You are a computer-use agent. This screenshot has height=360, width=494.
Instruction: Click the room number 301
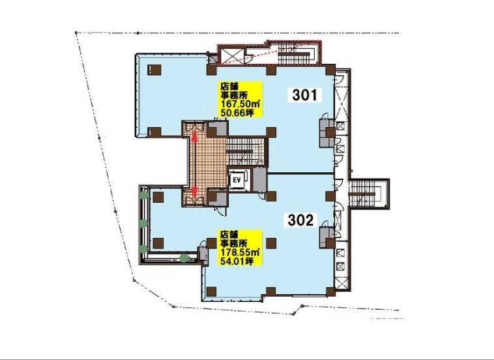click(304, 95)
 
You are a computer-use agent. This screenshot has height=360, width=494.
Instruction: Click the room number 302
click(301, 220)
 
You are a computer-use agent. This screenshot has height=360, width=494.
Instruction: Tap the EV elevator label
click(237, 180)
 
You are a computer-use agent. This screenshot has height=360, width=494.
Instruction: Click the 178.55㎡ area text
click(239, 252)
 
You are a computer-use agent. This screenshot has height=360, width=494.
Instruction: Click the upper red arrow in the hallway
click(195, 136)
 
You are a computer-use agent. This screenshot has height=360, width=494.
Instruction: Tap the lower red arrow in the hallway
click(195, 192)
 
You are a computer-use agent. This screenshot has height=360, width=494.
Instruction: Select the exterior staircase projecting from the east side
click(369, 194)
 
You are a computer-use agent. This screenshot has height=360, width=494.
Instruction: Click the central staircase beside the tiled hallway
click(245, 150)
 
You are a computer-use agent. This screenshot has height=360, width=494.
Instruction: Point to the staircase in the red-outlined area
click(294, 53)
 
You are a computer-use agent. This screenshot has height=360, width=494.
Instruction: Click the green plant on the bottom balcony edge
click(184, 258)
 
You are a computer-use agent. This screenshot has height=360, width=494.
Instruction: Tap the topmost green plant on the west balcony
click(143, 195)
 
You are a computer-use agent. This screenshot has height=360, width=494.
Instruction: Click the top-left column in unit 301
click(154, 70)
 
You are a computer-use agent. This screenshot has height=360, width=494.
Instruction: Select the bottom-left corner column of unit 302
click(211, 292)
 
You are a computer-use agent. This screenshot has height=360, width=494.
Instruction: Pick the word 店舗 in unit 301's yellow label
click(226, 85)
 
